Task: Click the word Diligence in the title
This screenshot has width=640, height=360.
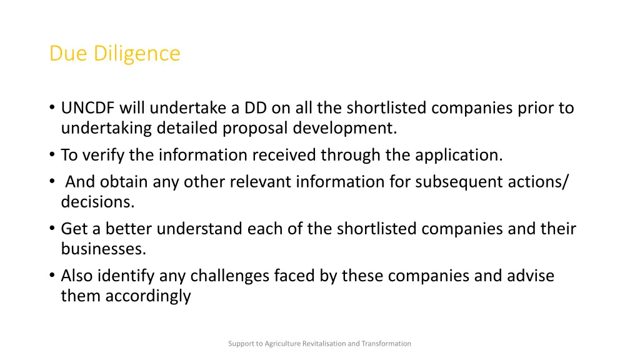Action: point(137,54)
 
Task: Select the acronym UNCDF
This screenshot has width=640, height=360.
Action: point(88,108)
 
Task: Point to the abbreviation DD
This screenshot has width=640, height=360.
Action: point(256,108)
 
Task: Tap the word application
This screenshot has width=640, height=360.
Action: point(457,154)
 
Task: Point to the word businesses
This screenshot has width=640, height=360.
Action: point(103,249)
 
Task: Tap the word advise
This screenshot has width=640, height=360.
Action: point(531,276)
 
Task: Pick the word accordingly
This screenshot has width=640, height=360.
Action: point(148,296)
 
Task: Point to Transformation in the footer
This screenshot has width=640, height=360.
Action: point(386,343)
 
